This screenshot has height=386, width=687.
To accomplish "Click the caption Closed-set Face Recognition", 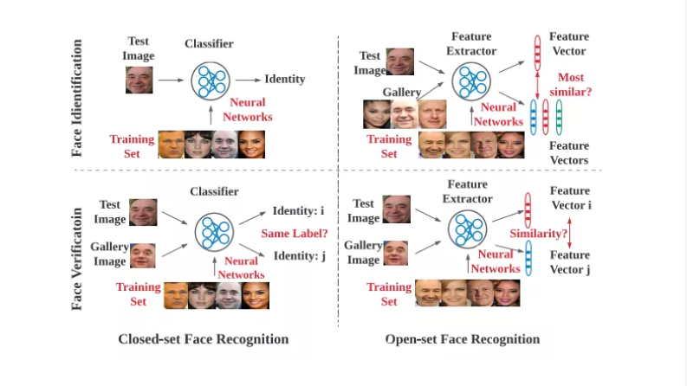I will point(204,338).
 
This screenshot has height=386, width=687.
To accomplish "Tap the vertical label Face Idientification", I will point(77,97).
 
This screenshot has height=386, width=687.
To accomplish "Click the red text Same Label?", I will point(294,233).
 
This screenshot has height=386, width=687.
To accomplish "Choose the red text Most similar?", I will point(574,85).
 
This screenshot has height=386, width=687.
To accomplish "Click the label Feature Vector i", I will point(570,198).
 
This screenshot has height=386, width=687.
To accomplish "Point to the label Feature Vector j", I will point(570,262).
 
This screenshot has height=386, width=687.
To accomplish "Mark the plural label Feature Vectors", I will point(569,153).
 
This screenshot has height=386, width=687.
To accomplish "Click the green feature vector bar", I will point(559,118).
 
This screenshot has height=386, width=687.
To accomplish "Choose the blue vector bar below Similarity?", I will point(528,259).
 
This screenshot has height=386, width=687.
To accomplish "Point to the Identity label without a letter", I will point(284,79).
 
